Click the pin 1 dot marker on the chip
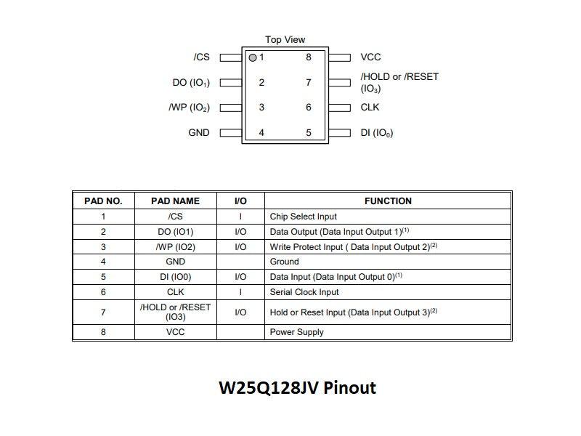(253, 57)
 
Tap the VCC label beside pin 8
(370, 57)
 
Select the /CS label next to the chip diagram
(201, 57)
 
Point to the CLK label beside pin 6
(370, 108)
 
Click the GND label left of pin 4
(198, 133)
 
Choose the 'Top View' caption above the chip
(285, 40)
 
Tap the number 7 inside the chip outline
(309, 83)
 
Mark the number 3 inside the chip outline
(261, 108)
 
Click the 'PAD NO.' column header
(103, 201)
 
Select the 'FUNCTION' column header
(388, 201)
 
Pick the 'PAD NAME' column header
(175, 201)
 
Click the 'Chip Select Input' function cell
(303, 217)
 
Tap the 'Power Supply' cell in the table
(296, 332)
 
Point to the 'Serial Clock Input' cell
(304, 292)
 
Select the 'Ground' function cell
(284, 262)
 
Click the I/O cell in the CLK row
(240, 292)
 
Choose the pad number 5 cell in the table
(103, 277)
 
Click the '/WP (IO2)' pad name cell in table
(175, 247)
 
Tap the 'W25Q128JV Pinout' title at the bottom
(297, 388)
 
